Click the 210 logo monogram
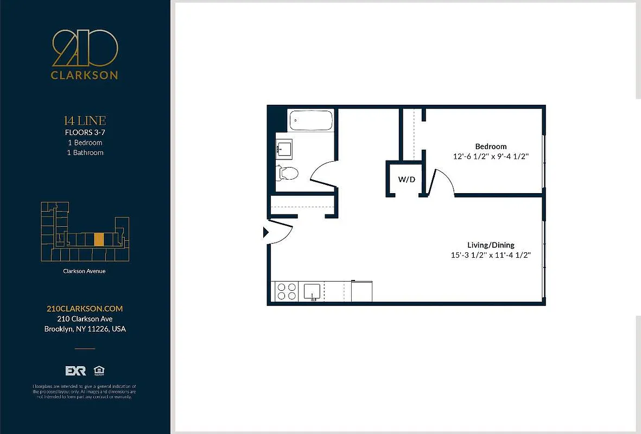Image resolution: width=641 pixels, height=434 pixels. (x=85, y=48)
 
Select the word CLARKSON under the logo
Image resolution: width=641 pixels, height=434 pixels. (x=85, y=75)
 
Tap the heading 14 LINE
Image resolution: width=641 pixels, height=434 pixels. (x=85, y=120)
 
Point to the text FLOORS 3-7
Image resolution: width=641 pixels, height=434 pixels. (x=85, y=132)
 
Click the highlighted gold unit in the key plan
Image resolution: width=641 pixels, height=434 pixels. (x=99, y=239)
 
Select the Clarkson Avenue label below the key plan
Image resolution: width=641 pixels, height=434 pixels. (x=85, y=271)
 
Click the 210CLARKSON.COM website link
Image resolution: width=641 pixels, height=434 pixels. (x=85, y=309)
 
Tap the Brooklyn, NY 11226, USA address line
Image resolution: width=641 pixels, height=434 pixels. (x=85, y=329)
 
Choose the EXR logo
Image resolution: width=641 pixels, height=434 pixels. (x=76, y=371)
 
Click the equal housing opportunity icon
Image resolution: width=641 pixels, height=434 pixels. (x=99, y=371)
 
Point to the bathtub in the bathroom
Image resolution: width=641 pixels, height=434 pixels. (x=310, y=120)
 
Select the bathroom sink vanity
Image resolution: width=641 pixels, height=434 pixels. (x=284, y=147)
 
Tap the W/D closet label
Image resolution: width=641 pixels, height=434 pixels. (x=407, y=180)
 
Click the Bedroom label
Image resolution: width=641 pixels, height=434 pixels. (x=491, y=146)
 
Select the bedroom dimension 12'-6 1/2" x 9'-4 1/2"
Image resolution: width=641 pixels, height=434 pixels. (x=491, y=156)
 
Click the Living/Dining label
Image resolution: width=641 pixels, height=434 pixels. (x=491, y=245)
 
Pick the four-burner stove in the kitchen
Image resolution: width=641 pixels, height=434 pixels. (x=287, y=291)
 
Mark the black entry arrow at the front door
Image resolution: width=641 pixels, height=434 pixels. (x=265, y=232)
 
